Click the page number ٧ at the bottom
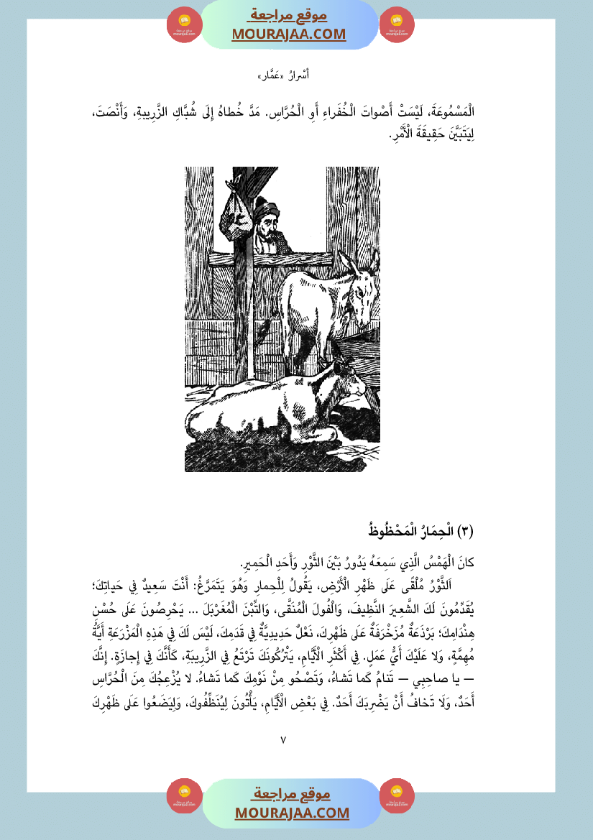tap(283, 739)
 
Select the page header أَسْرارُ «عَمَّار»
tap(283, 75)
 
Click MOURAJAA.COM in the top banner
tap(289, 34)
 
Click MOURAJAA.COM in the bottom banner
tap(292, 813)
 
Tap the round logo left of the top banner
tap(185, 24)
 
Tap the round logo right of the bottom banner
tap(397, 795)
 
